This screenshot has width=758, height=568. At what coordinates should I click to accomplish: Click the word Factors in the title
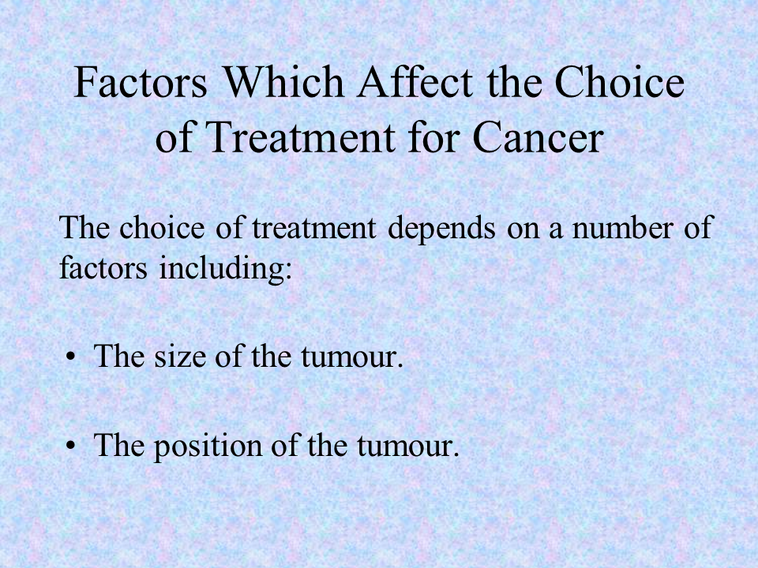141,81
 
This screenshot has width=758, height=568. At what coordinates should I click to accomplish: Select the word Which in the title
284,81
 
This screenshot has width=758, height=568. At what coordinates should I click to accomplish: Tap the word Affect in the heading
415,81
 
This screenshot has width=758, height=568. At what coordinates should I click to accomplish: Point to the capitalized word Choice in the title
619,81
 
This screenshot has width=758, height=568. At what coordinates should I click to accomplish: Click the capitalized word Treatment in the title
300,137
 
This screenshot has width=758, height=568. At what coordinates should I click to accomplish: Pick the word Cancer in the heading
538,137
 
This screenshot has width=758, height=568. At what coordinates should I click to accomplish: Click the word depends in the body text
441,229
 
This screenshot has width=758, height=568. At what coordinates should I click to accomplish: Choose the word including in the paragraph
226,269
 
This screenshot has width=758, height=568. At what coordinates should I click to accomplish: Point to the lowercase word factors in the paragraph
103,267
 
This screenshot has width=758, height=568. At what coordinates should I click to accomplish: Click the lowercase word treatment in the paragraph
314,229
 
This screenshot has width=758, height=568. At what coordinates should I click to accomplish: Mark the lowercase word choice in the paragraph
162,227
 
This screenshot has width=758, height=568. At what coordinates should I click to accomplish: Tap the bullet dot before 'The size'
71,358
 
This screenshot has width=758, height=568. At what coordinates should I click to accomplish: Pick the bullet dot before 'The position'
71,447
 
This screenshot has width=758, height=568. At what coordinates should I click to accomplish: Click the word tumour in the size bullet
352,358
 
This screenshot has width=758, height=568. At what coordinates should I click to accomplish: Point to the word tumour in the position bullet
408,447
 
